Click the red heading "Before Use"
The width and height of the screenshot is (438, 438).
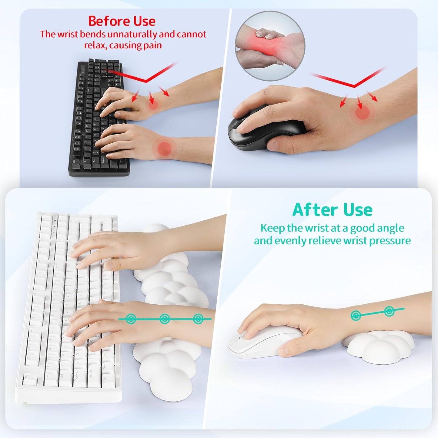122,21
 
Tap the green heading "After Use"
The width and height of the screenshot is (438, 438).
332,210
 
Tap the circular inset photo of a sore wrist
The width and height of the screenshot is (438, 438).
270,46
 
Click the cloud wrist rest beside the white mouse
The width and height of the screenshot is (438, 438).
379,344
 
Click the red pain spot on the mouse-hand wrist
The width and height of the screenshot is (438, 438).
362,113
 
